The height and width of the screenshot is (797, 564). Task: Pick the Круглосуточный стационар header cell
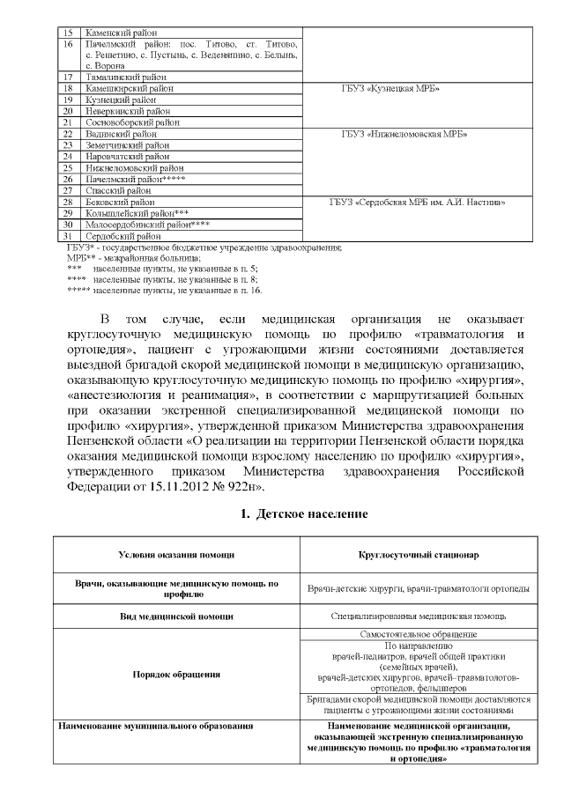(x=419, y=555)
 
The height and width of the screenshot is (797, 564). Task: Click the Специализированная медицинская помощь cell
(x=419, y=617)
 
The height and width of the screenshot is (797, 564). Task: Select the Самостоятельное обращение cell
(x=419, y=634)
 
